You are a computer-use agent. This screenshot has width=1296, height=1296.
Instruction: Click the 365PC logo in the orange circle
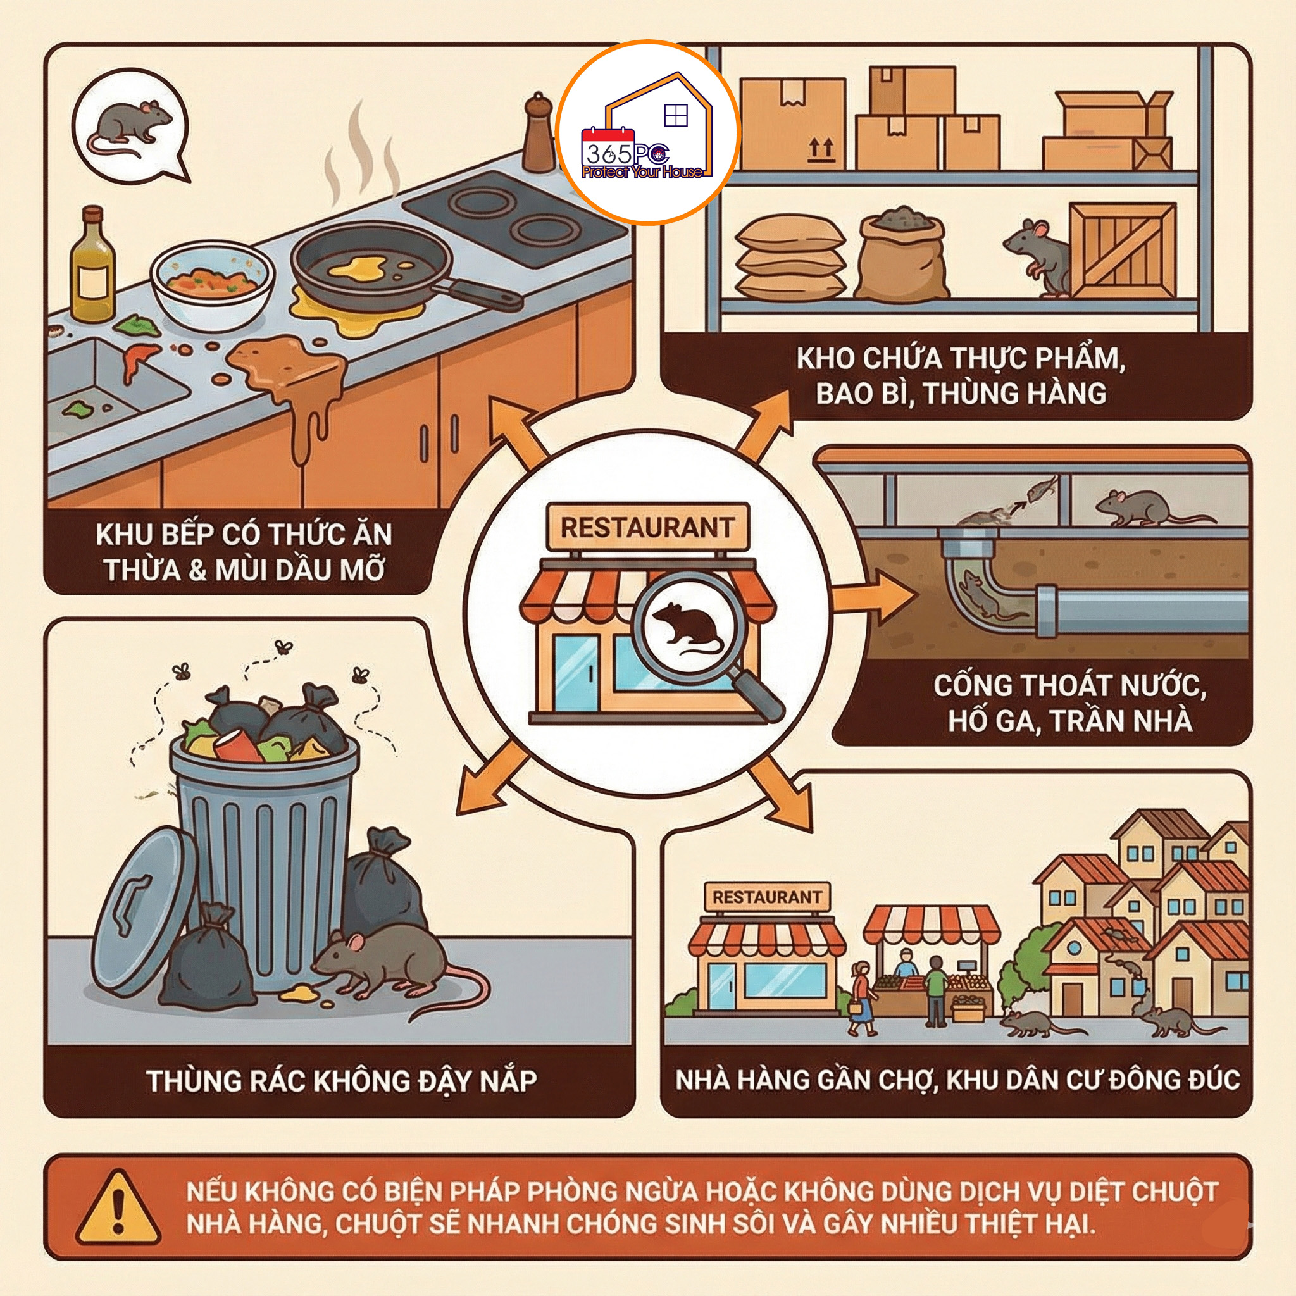click(x=648, y=133)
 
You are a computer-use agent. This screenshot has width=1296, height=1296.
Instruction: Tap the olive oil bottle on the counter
click(x=92, y=265)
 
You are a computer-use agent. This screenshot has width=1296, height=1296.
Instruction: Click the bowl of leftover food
click(x=213, y=287)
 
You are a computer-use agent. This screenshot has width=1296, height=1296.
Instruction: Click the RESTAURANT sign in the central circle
click(x=647, y=527)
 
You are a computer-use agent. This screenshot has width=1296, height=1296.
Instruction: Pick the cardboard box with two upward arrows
click(x=793, y=125)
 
